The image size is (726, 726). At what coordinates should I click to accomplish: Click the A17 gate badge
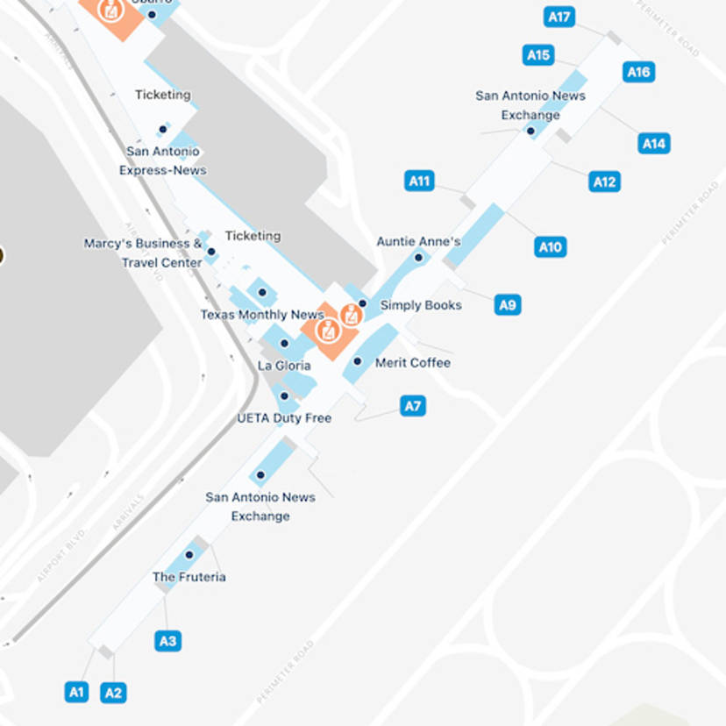tap(559, 17)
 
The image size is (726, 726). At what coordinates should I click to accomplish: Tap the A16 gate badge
tap(638, 72)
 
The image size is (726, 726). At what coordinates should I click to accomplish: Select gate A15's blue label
tap(538, 55)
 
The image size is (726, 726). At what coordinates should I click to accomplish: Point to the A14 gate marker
tap(654, 143)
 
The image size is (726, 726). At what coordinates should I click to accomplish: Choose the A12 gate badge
tap(604, 181)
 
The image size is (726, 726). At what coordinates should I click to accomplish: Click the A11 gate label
tap(420, 181)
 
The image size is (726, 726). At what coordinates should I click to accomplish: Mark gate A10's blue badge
tap(550, 247)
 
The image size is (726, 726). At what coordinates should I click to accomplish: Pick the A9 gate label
tap(508, 305)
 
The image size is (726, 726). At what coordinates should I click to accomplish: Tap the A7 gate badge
tap(413, 406)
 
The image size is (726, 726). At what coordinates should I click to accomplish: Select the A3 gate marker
tap(167, 641)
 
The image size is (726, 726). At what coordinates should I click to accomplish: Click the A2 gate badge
tap(113, 693)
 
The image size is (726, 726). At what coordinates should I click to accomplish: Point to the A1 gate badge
tap(77, 692)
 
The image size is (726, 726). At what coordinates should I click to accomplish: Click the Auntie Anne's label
tap(418, 241)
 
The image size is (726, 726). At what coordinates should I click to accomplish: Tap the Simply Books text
tap(421, 305)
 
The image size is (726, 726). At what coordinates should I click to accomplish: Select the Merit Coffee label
tap(413, 362)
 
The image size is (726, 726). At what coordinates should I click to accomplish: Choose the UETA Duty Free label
tap(284, 418)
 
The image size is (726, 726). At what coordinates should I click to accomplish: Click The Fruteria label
tap(189, 577)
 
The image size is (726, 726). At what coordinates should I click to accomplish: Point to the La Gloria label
tap(284, 366)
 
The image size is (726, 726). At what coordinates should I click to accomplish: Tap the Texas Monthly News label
tap(262, 315)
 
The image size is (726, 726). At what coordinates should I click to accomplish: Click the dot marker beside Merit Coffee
tap(357, 361)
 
